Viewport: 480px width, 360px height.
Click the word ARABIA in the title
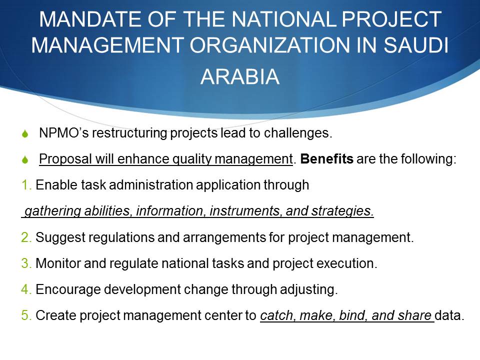coord(240,76)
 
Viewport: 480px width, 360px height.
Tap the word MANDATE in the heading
coord(90,19)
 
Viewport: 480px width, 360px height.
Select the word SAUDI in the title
coord(416,45)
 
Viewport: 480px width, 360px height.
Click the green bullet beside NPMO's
coord(25,134)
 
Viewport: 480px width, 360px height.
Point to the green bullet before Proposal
coord(25,159)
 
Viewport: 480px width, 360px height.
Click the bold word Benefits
coord(326,159)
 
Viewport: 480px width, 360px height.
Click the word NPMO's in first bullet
coord(64,133)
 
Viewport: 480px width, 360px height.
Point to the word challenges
coord(298,133)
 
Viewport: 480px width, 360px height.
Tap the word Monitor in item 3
coord(58,263)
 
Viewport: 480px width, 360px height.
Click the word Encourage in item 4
coord(68,290)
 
